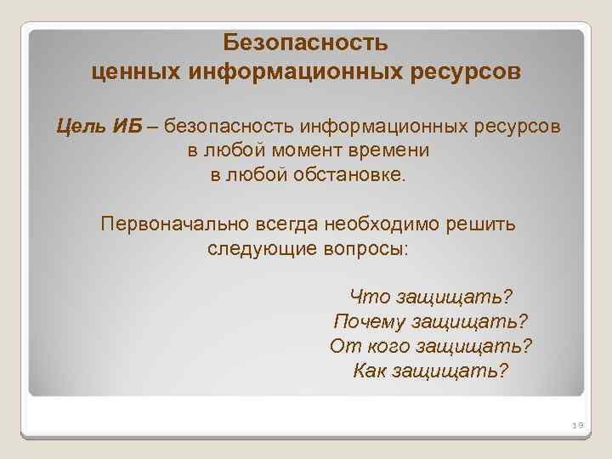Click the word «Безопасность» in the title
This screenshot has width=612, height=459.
tap(306, 42)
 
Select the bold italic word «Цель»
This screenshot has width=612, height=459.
tap(81, 127)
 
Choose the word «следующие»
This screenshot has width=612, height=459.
tap(247, 249)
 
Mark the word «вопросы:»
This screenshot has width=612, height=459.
tap(367, 249)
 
